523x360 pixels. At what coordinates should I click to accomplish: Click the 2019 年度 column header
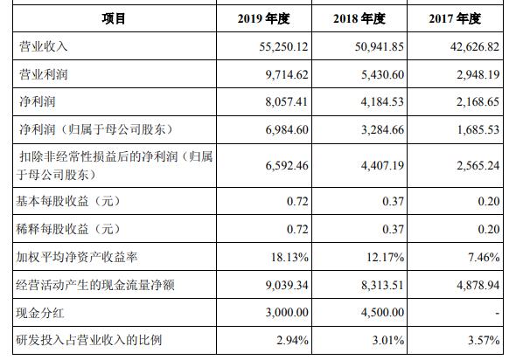click(263, 18)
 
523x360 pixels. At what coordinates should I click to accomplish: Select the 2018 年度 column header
click(359, 18)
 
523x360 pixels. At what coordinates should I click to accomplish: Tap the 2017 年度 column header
click(455, 18)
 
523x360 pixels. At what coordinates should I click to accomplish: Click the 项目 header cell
click(114, 18)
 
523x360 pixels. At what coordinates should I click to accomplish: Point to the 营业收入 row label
click(44, 46)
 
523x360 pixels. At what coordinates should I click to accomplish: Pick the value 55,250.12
click(283, 46)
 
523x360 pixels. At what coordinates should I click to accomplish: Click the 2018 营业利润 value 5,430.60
click(382, 74)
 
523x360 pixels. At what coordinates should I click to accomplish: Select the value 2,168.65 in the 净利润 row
click(478, 101)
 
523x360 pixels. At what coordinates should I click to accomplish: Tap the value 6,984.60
click(287, 129)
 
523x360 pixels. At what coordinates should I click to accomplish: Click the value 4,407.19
click(382, 165)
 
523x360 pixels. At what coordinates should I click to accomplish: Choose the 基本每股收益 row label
click(67, 201)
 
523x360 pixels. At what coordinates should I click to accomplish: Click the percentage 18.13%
click(289, 257)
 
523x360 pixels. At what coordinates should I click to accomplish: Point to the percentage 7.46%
click(484, 257)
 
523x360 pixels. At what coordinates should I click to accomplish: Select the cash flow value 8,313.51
click(382, 285)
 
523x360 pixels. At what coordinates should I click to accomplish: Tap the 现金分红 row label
click(40, 313)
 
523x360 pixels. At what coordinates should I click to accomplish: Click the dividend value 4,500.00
click(382, 312)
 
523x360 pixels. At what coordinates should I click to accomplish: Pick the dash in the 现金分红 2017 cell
click(498, 314)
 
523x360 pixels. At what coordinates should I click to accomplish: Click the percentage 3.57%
click(484, 340)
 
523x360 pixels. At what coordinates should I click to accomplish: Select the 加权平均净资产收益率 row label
click(77, 257)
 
